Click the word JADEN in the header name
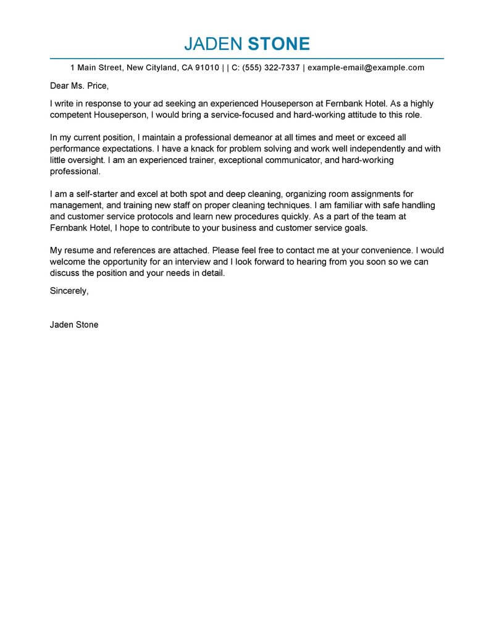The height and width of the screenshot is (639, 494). [x=212, y=44]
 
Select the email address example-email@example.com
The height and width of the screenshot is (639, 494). [x=366, y=68]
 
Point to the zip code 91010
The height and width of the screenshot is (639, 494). [x=206, y=68]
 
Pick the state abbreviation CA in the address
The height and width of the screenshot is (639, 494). [x=186, y=68]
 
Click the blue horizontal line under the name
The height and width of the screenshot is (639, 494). [x=247, y=58]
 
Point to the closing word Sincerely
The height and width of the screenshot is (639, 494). [x=69, y=290]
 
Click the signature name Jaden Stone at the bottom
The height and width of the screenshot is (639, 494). [x=74, y=324]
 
